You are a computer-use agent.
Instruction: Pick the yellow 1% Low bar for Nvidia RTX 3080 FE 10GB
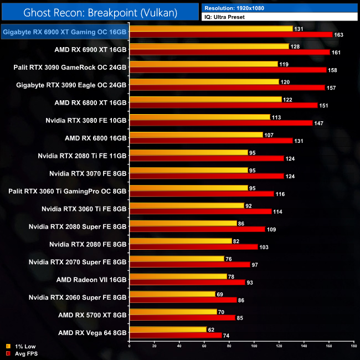coord(199,117)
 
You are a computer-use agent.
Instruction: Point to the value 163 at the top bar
coord(339,35)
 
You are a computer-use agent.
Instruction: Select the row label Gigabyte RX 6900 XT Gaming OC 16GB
coord(64,32)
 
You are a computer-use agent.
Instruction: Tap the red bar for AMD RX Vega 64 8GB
coord(175,336)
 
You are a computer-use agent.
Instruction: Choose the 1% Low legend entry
coord(22,347)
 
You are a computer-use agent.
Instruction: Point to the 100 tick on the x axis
coord(254,346)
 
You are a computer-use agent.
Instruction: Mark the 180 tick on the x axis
coord(353,346)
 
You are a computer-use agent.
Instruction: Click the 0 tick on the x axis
coord(129,346)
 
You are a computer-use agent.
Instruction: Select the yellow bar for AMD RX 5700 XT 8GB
coord(172,312)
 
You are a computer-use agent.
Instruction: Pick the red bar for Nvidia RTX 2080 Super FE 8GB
coord(197,229)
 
